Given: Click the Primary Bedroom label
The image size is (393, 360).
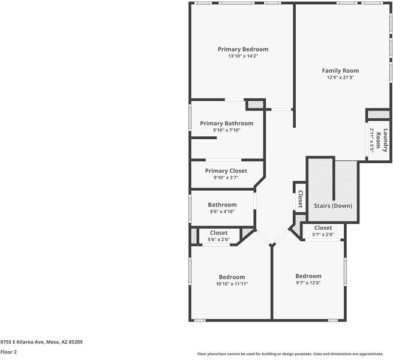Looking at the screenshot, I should [x=242, y=49].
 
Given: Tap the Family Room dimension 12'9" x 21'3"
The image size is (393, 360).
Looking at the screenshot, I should [x=340, y=77].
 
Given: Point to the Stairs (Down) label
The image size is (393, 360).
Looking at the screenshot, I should [x=333, y=206].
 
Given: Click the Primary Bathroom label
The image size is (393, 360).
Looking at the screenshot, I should [x=226, y=124].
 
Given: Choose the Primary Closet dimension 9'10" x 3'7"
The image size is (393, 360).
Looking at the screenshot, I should [x=226, y=178].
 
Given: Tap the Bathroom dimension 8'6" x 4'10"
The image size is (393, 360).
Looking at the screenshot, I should [x=222, y=211].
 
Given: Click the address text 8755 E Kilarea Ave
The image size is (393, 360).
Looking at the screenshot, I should [x=41, y=342].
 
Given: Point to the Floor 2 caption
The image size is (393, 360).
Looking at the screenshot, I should [x=8, y=352].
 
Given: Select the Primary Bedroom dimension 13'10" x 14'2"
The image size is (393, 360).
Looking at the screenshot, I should [x=242, y=56].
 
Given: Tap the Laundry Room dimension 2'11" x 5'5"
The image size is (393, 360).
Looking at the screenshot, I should [x=372, y=140].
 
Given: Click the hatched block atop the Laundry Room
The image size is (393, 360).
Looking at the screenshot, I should [x=378, y=114].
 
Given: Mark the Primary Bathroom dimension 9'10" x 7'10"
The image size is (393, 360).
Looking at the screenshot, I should [x=226, y=130].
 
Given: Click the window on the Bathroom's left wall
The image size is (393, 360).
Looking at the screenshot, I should [x=190, y=208].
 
